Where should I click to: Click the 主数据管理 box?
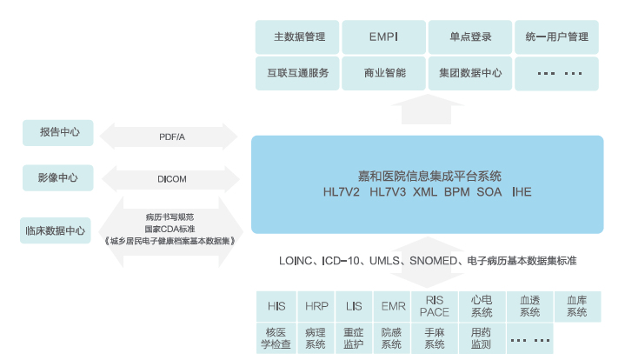299,37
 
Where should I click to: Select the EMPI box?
384,37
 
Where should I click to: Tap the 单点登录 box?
470,37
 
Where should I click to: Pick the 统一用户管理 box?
557,37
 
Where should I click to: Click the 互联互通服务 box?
299,73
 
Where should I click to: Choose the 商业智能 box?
384,73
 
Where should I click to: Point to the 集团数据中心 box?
470,73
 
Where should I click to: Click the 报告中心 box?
59,132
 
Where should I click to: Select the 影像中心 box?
59,179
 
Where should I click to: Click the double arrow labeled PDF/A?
170,137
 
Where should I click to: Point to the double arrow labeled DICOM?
170,179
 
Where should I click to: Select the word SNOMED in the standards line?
433,261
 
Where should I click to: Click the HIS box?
276,306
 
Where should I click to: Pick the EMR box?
393,306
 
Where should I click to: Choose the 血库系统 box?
576,306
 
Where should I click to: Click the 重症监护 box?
353,337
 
